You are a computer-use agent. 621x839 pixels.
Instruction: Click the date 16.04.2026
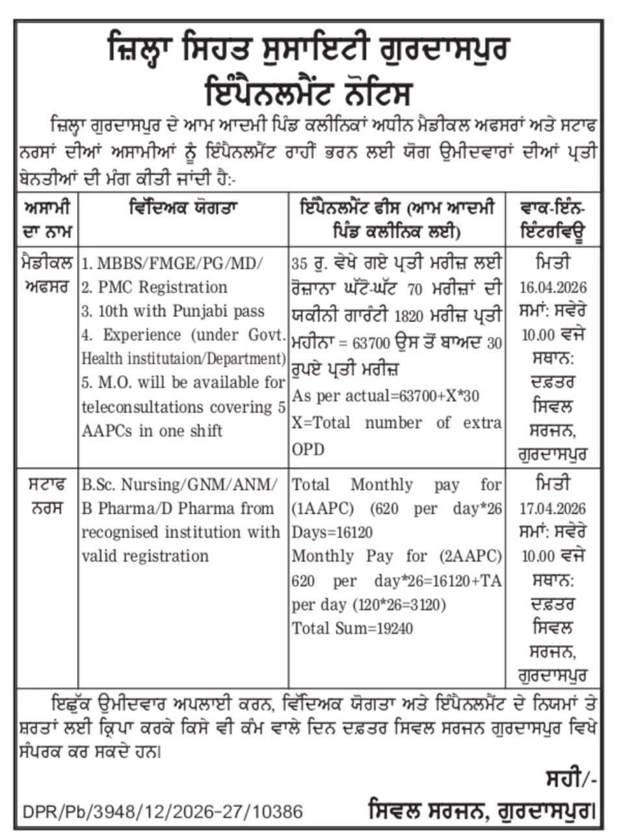(x=554, y=287)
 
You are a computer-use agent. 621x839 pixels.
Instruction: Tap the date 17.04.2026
(x=554, y=508)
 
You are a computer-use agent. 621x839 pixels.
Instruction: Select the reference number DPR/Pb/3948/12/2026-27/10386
(x=163, y=812)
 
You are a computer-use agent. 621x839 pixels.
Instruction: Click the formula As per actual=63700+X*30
(x=386, y=396)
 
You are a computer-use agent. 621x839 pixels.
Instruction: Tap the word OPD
(x=308, y=449)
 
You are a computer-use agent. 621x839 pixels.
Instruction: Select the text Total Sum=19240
(x=352, y=628)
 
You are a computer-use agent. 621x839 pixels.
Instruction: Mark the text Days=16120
(x=332, y=533)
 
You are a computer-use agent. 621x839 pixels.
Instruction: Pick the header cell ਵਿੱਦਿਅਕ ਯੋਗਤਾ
(x=183, y=209)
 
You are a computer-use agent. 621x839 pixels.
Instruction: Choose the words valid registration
(x=145, y=556)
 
